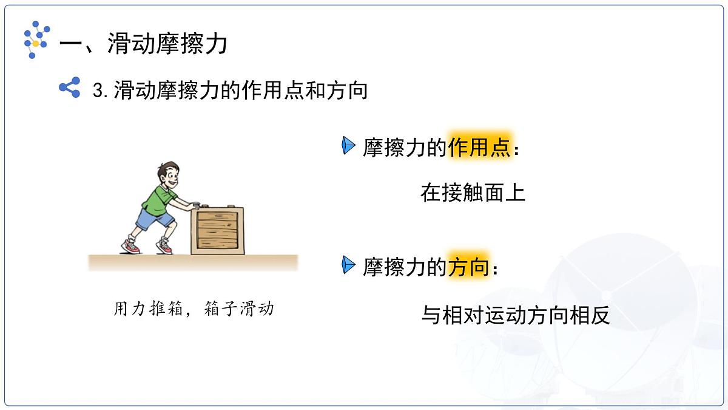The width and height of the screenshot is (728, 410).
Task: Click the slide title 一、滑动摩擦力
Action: click(143, 44)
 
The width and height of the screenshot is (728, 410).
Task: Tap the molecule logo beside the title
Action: click(36, 39)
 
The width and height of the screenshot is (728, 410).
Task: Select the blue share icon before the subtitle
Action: click(70, 88)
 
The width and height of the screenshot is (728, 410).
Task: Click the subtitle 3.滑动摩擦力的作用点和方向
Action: click(231, 91)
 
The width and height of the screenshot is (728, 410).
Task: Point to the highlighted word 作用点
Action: click(480, 147)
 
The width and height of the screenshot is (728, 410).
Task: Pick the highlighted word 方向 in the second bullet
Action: click(468, 267)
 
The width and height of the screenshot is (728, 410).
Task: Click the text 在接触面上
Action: click(473, 193)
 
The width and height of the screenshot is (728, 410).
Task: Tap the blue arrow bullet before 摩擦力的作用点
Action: click(348, 146)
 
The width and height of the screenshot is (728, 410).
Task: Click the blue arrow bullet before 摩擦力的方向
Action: click(348, 265)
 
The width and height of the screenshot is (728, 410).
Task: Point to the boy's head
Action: click(167, 175)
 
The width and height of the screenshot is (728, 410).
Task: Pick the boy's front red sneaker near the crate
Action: click(164, 246)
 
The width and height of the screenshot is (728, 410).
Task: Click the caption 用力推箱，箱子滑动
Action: click(194, 309)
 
